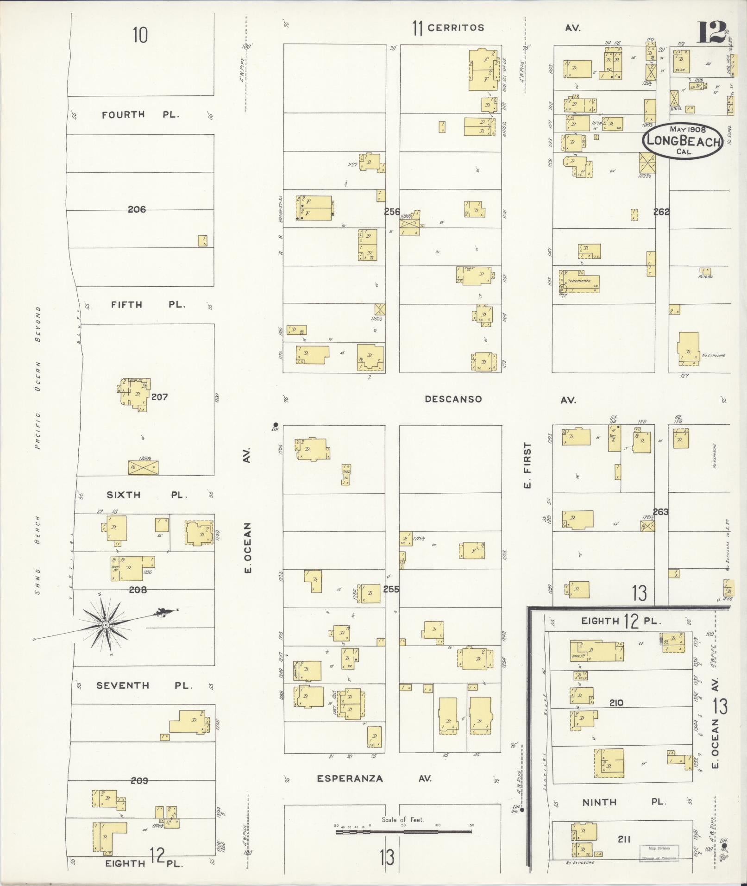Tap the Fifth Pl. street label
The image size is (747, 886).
[148, 305]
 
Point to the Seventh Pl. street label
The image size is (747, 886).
[144, 685]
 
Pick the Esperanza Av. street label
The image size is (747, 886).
[374, 779]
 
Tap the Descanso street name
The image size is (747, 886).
[453, 399]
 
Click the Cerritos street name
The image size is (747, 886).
[456, 28]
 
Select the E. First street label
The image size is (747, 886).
[527, 465]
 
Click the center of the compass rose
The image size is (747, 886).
[106, 625]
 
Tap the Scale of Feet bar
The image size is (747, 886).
[404, 832]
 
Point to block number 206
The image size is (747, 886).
[137, 210]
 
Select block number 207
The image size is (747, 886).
[159, 397]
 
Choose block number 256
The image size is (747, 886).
[392, 212]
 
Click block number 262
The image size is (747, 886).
[661, 212]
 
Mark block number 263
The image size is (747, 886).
[661, 512]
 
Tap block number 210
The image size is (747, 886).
[616, 703]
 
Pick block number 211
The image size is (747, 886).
[624, 839]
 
